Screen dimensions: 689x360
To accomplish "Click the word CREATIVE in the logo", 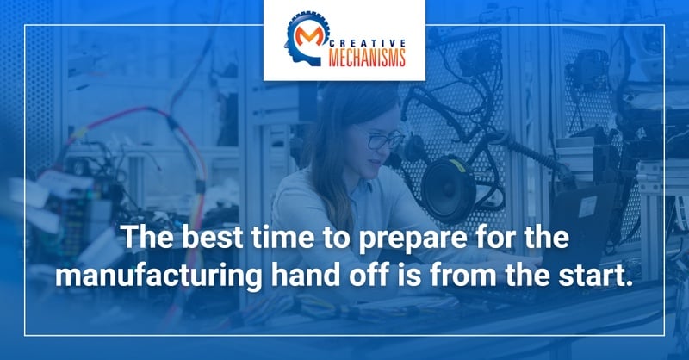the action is (368, 43).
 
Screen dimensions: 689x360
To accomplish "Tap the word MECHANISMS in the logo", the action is (368, 58).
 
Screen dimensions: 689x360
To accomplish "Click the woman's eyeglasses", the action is (383, 140).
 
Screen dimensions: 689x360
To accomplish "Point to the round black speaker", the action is (448, 189).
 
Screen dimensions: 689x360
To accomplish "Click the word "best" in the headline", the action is (212, 237).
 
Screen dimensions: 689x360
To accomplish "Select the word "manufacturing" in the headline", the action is (158, 276).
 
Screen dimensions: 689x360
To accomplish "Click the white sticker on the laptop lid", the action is (587, 207).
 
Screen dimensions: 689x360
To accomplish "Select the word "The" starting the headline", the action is (147, 237).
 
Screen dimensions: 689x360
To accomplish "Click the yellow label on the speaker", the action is (457, 165).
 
